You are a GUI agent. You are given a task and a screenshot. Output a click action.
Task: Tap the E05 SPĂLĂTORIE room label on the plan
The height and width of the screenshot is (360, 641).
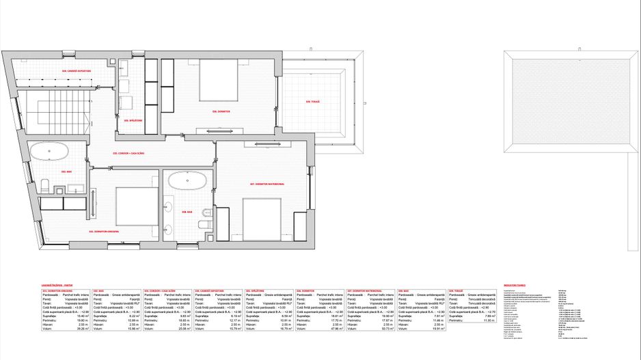point(133,120)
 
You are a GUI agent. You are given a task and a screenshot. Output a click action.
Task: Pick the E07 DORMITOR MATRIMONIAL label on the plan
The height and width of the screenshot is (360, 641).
point(262,184)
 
